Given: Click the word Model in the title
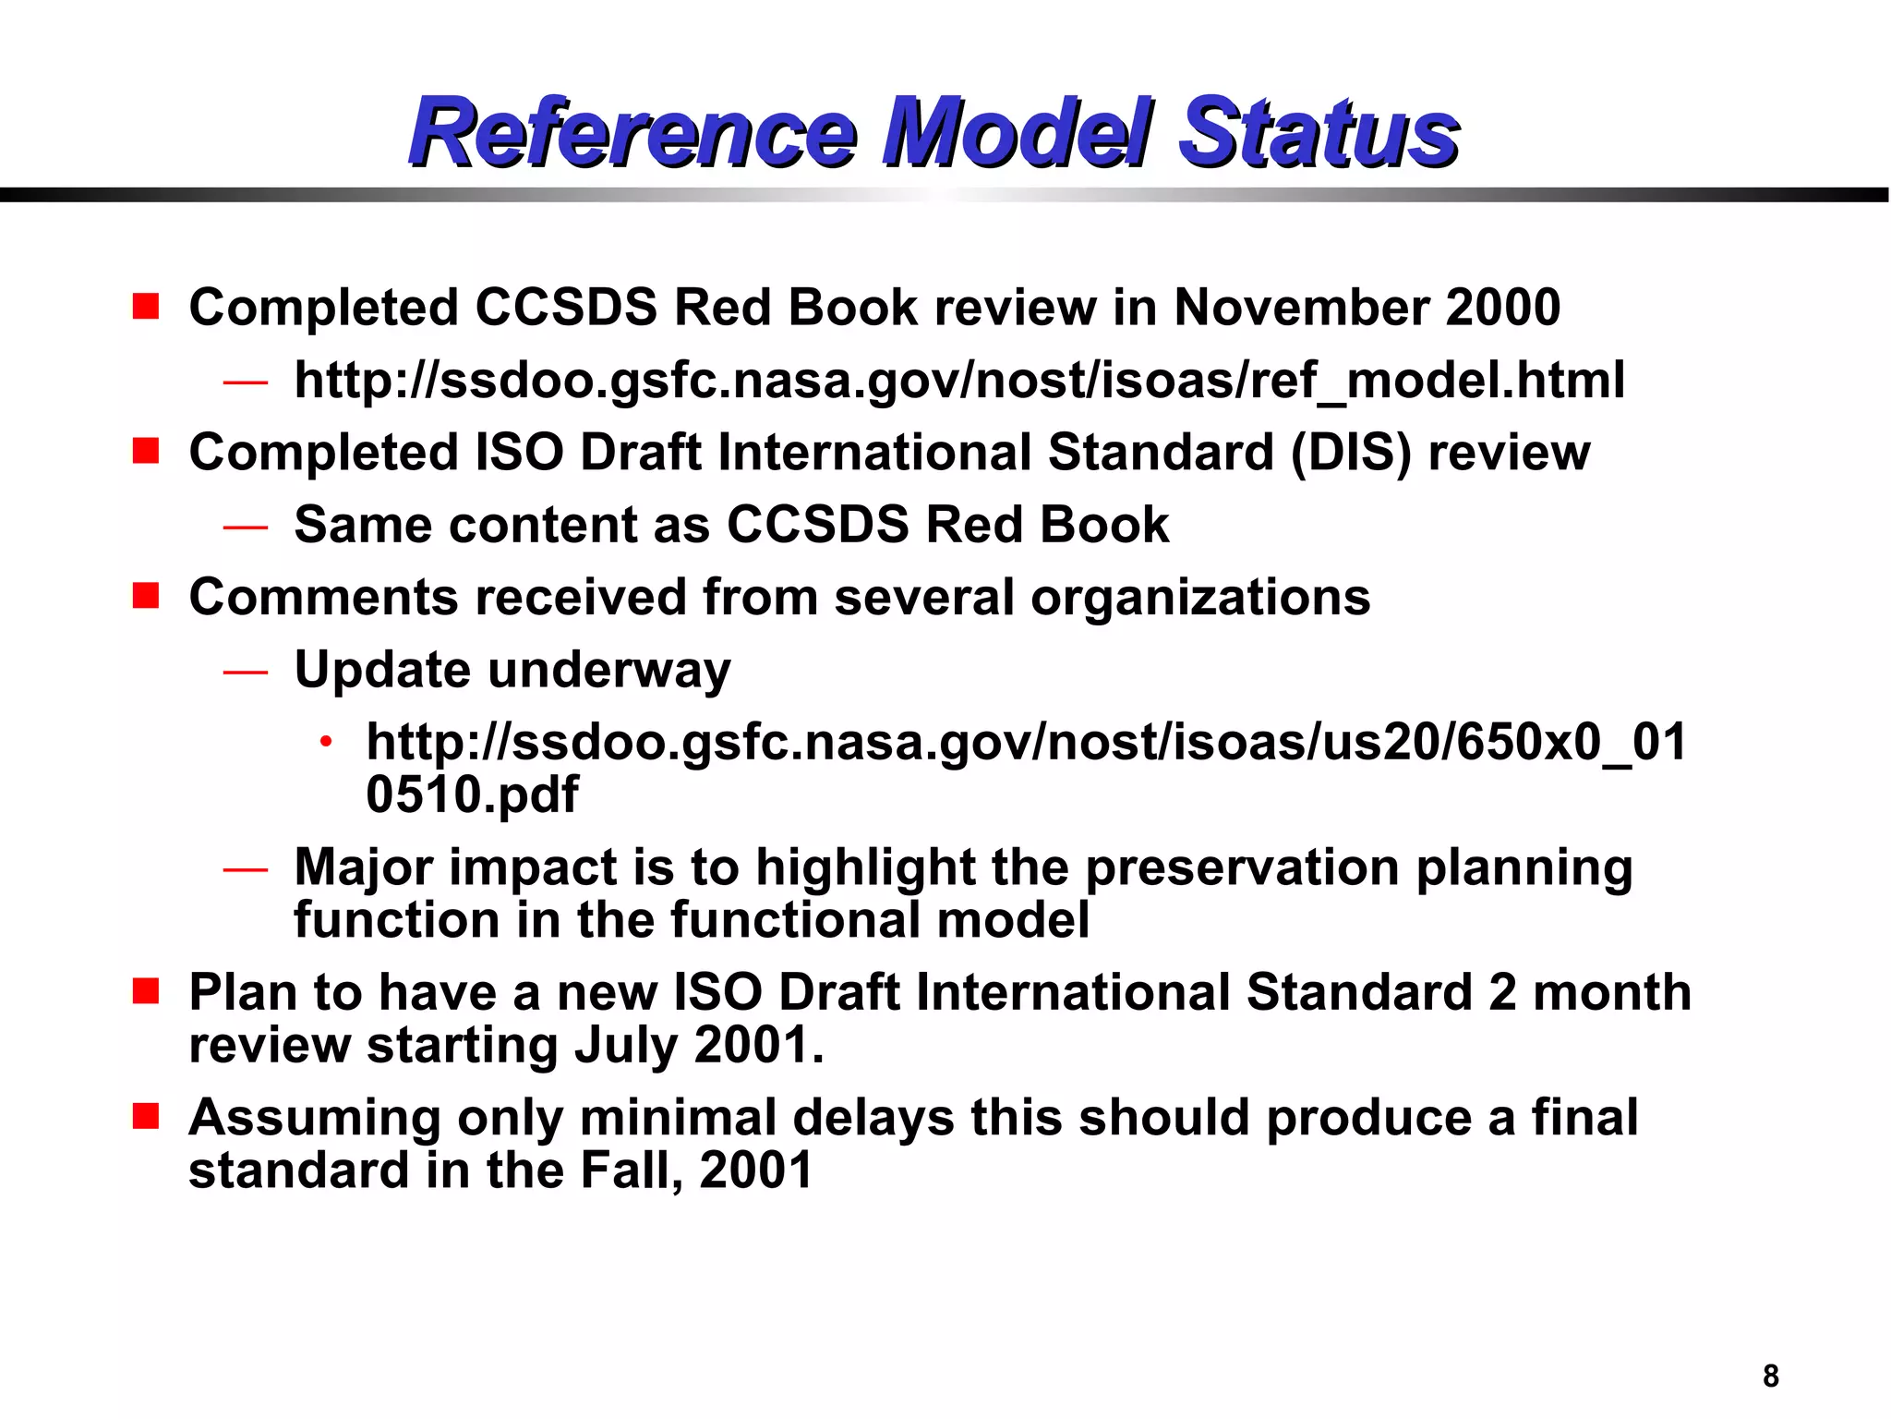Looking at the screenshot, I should click(1016, 134).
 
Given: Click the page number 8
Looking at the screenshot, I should click(1770, 1376).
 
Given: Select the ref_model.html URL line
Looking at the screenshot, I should click(958, 380).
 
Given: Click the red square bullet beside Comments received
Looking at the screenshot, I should click(146, 596).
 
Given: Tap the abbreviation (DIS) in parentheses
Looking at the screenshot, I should click(1351, 453).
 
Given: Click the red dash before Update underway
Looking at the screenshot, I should click(245, 672).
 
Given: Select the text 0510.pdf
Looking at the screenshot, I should click(472, 794).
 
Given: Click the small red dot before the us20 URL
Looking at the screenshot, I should click(325, 742).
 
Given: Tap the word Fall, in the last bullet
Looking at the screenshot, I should click(632, 1170).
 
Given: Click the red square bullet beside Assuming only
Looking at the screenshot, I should click(146, 1117).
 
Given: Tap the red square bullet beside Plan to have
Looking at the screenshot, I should click(146, 992).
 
